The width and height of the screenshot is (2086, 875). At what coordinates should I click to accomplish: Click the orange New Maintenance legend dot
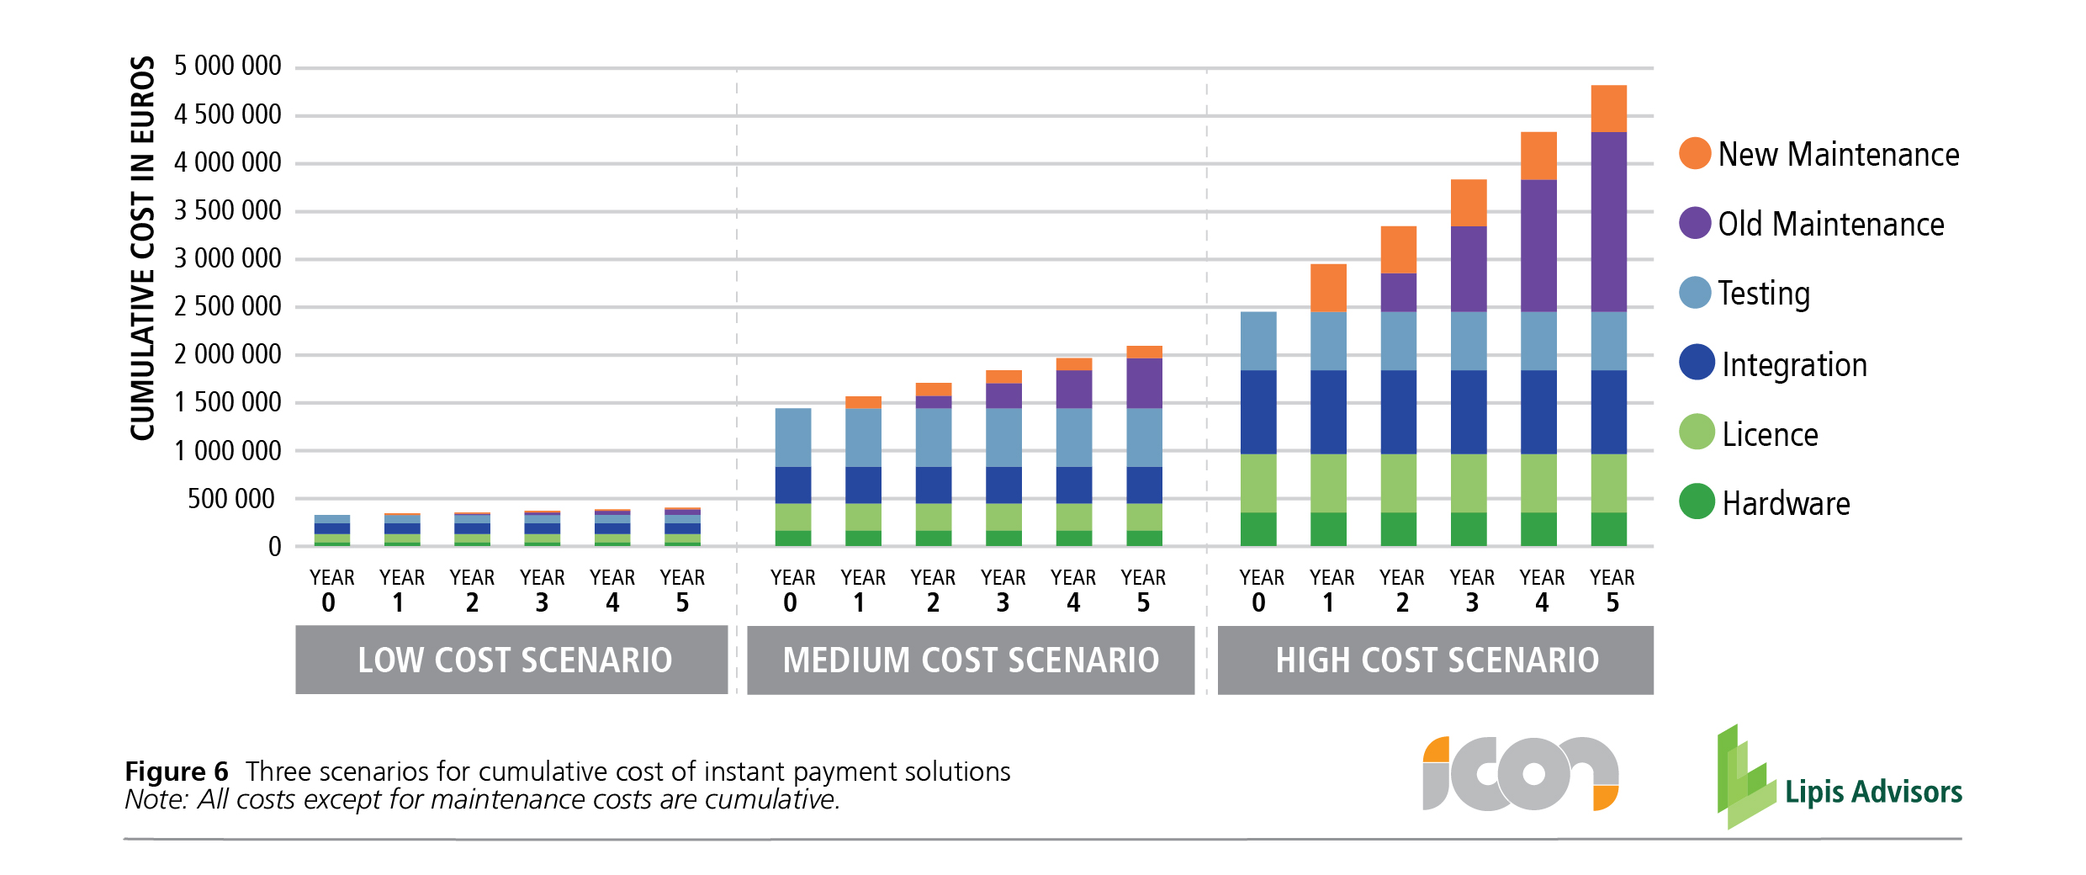(x=1695, y=153)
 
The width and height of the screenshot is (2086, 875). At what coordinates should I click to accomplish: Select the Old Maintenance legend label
(x=1830, y=225)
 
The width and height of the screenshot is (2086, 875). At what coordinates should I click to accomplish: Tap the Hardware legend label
(x=1785, y=504)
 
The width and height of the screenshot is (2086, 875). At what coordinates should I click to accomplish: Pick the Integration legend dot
(x=1697, y=363)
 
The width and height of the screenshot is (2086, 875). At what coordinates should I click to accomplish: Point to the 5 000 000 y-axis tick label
(x=227, y=66)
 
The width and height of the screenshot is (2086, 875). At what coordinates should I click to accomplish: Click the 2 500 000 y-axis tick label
(x=227, y=306)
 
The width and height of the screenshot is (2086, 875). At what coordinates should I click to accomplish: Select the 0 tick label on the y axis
(x=275, y=548)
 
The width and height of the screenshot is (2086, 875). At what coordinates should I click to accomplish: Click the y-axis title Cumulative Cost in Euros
(x=143, y=248)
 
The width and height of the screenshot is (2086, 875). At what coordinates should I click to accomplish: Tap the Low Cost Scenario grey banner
(x=511, y=660)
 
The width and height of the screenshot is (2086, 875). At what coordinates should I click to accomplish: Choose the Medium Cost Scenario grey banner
(x=971, y=660)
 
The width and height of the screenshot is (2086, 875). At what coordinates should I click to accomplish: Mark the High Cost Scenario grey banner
(x=1436, y=660)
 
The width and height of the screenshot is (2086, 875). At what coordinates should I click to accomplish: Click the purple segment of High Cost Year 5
(x=1608, y=222)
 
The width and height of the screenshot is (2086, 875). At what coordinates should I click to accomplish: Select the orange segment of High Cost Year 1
(x=1328, y=288)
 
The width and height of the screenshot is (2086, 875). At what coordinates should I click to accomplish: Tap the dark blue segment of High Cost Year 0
(x=1258, y=411)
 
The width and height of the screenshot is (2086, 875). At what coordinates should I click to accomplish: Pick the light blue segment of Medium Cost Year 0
(x=793, y=437)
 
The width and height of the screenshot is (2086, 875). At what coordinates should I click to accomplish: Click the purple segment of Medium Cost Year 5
(x=1144, y=383)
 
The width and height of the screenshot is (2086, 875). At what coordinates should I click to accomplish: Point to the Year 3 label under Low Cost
(x=542, y=590)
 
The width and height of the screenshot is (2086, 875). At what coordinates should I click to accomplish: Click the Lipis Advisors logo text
(x=1873, y=792)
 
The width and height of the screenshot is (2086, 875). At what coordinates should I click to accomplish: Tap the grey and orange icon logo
(x=1520, y=773)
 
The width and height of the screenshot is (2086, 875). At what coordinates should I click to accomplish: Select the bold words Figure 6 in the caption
(x=177, y=772)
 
